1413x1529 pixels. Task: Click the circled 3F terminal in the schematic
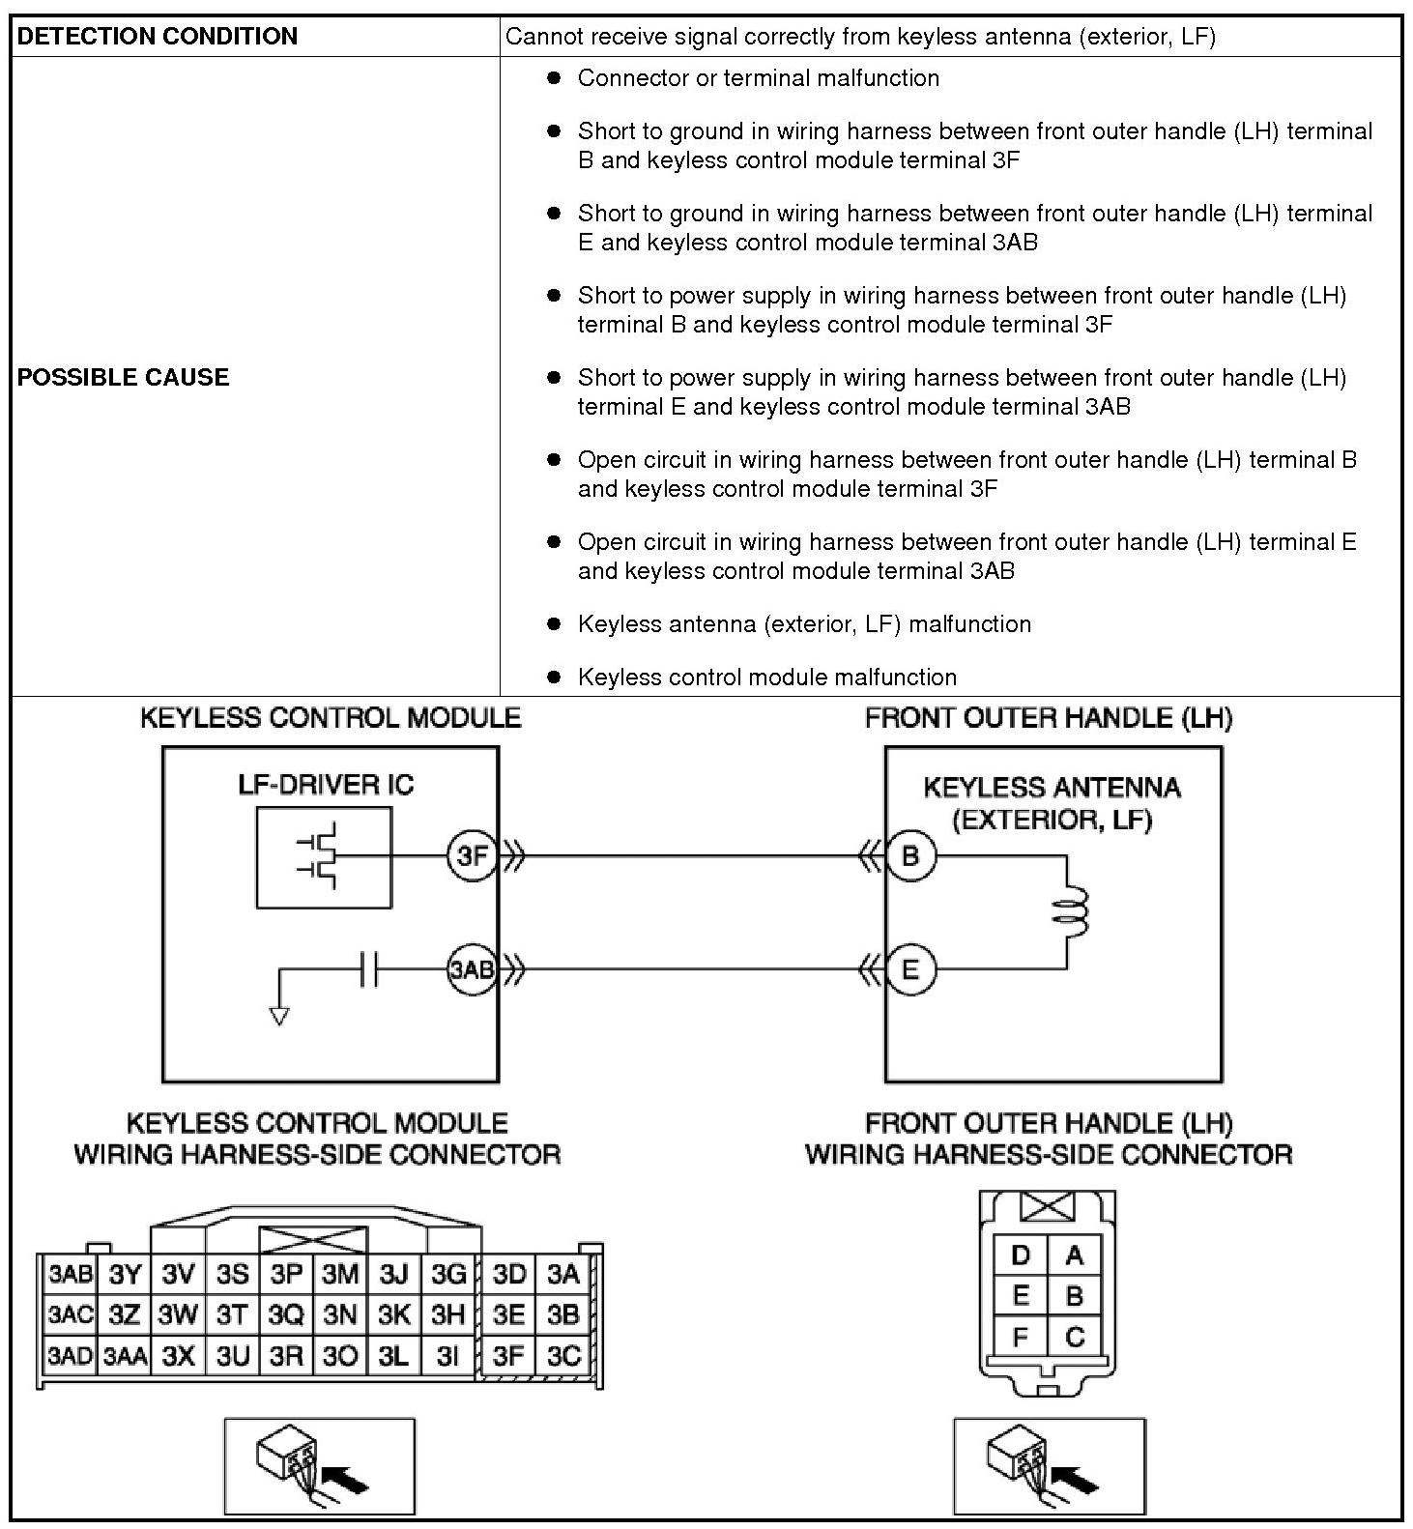click(x=472, y=855)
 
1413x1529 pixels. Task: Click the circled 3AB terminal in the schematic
click(x=472, y=968)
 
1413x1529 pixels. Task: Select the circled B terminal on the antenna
click(x=910, y=855)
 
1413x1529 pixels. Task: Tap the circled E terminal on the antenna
click(x=910, y=968)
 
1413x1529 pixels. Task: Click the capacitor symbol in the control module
click(x=368, y=968)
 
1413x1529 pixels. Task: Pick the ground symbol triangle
click(x=279, y=1017)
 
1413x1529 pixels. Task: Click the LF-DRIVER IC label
click(x=326, y=784)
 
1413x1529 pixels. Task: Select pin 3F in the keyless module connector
click(x=508, y=1355)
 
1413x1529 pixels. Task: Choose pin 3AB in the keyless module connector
click(x=70, y=1274)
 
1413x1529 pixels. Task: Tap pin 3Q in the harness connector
click(x=286, y=1314)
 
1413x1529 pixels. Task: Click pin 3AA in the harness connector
click(x=125, y=1355)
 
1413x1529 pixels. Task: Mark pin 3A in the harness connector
click(x=562, y=1274)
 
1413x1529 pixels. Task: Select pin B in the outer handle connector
click(x=1074, y=1295)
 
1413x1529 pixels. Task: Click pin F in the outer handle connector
click(x=1021, y=1337)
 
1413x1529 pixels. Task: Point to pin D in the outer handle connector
click(x=1021, y=1255)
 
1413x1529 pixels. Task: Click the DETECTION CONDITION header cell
click(x=256, y=37)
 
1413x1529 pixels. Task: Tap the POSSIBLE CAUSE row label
click(x=124, y=377)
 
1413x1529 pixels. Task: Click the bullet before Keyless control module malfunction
click(x=554, y=677)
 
